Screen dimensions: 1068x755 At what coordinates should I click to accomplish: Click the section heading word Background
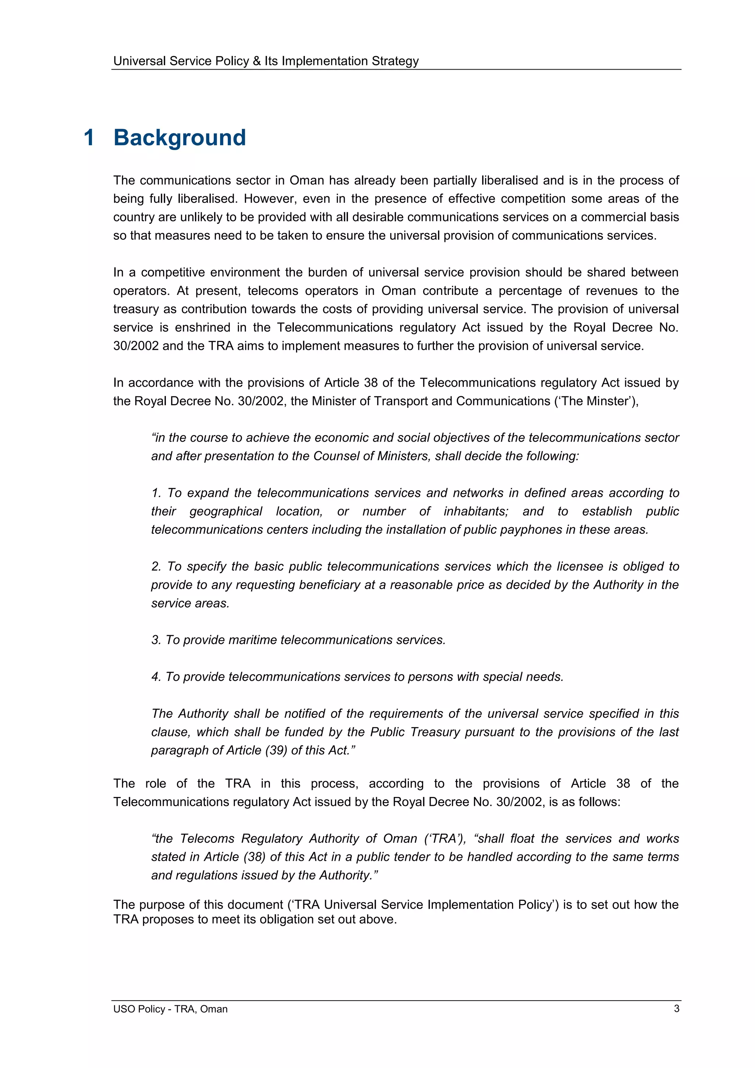180,138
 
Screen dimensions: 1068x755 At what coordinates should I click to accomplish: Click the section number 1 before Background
89,138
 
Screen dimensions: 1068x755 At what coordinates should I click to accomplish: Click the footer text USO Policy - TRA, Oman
170,1009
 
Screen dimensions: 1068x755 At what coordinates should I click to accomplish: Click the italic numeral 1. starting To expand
157,493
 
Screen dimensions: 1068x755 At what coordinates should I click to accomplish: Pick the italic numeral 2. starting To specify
157,566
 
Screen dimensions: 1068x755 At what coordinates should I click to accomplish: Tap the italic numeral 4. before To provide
156,677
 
